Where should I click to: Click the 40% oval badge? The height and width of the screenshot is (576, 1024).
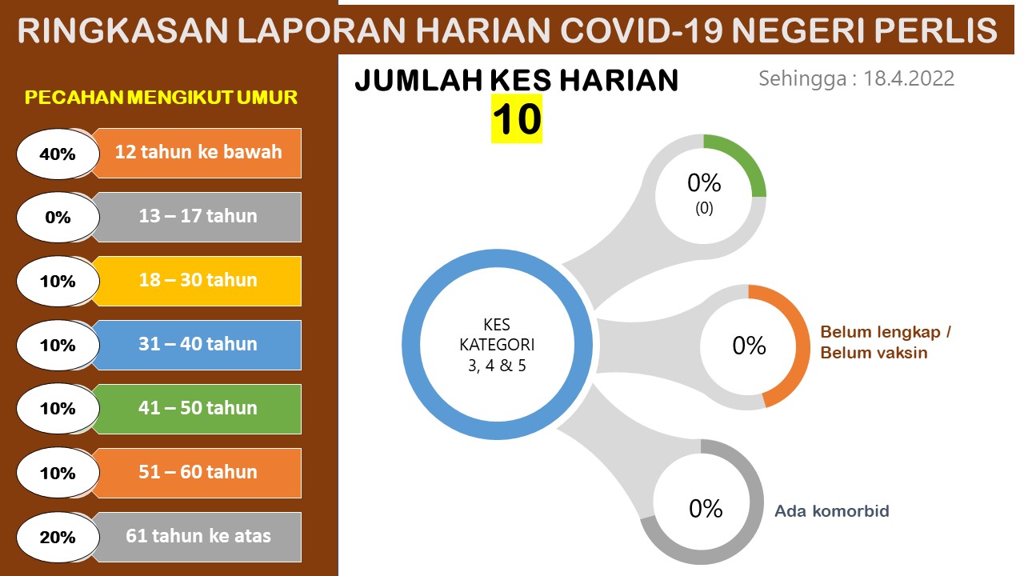tap(58, 154)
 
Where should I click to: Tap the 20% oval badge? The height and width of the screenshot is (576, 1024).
tap(58, 537)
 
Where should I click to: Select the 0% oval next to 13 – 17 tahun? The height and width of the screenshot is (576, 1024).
tap(58, 217)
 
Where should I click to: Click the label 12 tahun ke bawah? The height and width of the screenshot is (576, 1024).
tap(198, 152)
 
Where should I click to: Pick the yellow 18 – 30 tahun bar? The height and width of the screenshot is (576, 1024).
tap(198, 281)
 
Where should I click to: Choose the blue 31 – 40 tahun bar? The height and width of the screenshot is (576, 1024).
tap(198, 345)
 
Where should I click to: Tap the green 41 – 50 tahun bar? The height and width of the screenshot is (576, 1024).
tap(198, 409)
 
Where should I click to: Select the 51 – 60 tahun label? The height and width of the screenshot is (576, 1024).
tap(198, 472)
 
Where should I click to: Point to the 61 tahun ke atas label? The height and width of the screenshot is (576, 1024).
tap(198, 536)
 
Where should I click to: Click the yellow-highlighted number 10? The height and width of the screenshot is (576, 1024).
tap(517, 119)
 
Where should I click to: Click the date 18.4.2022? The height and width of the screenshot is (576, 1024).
tap(908, 78)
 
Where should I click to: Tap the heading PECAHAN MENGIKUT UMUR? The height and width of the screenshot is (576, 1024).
tap(161, 98)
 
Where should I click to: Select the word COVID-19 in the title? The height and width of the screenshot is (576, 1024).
tap(642, 30)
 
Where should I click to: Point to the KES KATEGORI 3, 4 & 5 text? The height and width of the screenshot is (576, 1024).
tap(497, 345)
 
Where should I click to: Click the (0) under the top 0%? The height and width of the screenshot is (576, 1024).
tap(704, 209)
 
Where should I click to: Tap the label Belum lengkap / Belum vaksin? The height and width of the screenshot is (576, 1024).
tap(886, 342)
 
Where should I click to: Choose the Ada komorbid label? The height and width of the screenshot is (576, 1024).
tap(831, 510)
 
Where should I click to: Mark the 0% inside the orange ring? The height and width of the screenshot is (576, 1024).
tap(749, 346)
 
